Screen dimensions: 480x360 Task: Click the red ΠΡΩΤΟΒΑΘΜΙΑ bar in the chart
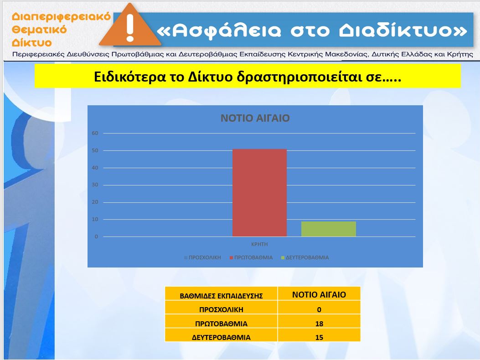coord(259,193)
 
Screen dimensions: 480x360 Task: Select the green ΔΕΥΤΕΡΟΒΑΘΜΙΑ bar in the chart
coord(329,229)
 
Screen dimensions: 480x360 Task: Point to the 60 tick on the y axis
coord(95,133)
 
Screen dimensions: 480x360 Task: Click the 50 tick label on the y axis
coord(95,151)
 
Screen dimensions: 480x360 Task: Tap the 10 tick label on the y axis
coord(95,220)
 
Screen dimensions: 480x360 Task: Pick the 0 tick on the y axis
coord(97,237)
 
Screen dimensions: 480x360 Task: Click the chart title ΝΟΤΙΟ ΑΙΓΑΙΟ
coord(255,118)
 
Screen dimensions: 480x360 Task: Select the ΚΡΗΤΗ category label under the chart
coord(259,244)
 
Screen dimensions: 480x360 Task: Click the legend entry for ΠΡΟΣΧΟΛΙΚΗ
coord(202,257)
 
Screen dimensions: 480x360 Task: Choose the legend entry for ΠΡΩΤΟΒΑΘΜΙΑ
coord(251,257)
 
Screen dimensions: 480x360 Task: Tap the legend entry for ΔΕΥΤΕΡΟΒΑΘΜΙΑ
coord(305,257)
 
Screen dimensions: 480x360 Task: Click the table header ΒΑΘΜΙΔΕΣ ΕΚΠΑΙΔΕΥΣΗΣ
coord(222,296)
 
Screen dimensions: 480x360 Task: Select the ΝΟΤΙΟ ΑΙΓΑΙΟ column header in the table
coord(319,295)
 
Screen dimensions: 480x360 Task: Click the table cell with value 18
coord(319,324)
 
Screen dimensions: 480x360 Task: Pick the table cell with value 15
coord(319,337)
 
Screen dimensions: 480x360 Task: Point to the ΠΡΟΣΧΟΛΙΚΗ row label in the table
coord(222,309)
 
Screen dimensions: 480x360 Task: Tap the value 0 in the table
coord(319,309)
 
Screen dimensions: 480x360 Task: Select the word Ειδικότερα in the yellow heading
coord(129,77)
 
